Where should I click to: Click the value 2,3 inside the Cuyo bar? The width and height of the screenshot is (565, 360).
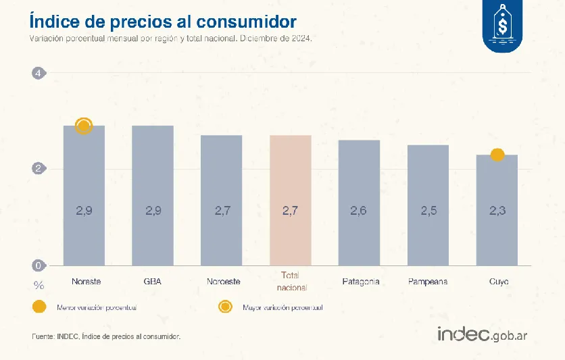pos(497,211)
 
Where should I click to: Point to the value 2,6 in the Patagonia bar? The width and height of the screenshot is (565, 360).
pos(359,211)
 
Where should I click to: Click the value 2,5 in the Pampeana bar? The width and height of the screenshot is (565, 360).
pos(428,211)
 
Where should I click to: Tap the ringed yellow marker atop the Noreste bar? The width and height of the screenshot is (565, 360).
pos(84,126)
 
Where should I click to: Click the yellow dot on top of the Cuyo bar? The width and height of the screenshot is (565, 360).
pos(497,155)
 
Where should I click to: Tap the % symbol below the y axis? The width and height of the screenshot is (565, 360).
pos(39,285)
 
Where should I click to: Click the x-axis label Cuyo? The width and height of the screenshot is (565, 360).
pos(498,281)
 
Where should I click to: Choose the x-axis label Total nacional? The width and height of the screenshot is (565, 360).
pos(291,282)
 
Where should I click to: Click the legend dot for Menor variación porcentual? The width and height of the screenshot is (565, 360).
pos(39,307)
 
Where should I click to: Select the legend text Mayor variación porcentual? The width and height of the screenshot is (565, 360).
pos(282,308)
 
